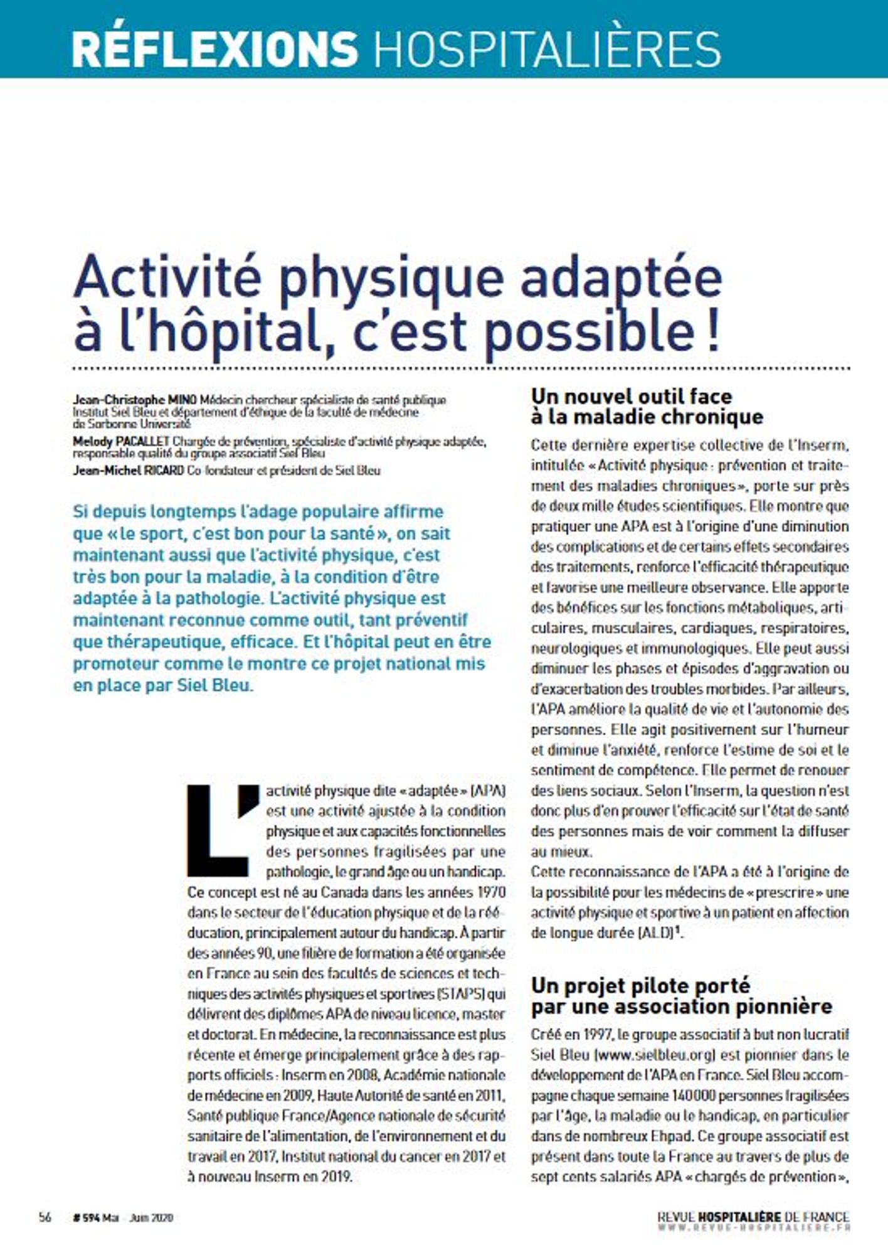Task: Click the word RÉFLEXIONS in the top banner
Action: tap(214, 48)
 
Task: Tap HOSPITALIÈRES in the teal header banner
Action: tap(547, 48)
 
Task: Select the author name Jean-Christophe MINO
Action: tap(135, 400)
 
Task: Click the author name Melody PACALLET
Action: tap(121, 442)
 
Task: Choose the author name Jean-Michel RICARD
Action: tap(129, 470)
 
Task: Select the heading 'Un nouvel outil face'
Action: tap(632, 397)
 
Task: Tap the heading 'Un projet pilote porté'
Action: tap(640, 985)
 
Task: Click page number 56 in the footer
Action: tap(45, 1217)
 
